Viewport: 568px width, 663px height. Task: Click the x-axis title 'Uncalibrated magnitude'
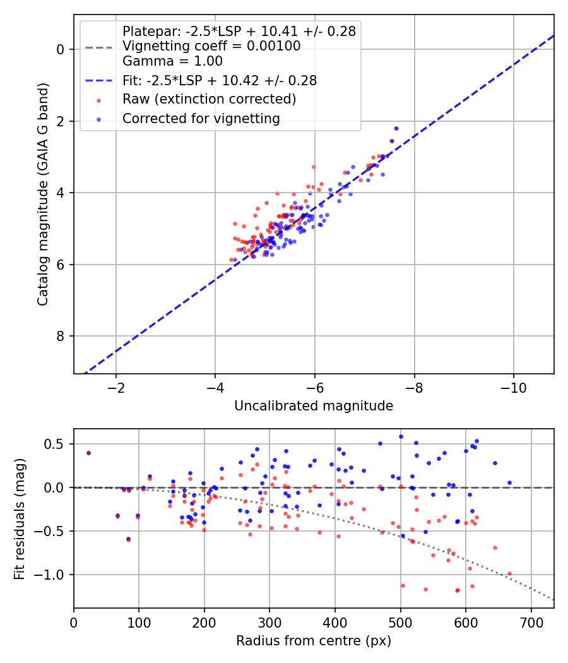tap(314, 406)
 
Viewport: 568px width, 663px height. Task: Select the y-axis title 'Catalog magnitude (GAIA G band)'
tap(43, 194)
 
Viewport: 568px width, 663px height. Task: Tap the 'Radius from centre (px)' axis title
tap(314, 641)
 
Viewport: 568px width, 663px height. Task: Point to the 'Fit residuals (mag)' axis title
tap(20, 519)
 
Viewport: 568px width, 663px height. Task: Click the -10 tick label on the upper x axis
tap(514, 388)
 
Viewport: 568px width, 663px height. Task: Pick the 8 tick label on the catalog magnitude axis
tap(59, 336)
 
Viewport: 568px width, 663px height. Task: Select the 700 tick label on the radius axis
tap(531, 623)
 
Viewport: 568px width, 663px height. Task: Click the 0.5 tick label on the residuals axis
tap(54, 444)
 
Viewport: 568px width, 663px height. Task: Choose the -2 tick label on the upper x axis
tap(115, 388)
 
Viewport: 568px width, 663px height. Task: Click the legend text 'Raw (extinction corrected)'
tap(209, 99)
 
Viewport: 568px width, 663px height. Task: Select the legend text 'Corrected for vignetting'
tap(201, 119)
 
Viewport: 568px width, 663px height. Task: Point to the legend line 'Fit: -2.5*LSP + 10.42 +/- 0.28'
tap(99, 80)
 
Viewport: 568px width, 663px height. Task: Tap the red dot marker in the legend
tap(99, 100)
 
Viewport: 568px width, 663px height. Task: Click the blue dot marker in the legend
tap(99, 120)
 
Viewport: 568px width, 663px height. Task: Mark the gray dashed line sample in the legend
tap(99, 47)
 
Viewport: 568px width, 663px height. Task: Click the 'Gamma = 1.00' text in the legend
tap(172, 61)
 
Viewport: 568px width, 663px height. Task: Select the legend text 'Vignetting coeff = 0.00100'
tap(211, 46)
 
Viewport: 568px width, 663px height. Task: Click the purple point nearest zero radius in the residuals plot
tap(88, 453)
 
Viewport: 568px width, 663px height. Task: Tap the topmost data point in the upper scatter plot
tap(396, 129)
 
